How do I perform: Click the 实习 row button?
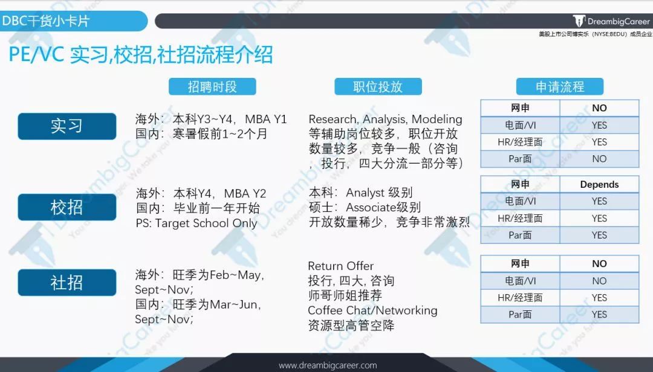67,126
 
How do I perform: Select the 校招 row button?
67,207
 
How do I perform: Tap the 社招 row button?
67,283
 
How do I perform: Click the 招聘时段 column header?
212,86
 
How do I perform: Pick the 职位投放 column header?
378,86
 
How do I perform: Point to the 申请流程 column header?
560,86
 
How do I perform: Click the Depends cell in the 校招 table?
599,184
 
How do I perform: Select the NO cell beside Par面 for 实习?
599,159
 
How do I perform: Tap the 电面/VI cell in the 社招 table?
520,281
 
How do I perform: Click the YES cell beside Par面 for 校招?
599,236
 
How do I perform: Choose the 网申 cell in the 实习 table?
520,108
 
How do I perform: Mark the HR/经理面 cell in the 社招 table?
520,298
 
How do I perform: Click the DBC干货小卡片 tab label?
46,21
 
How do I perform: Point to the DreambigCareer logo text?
619,21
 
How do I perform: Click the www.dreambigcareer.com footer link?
328,365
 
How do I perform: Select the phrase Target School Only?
206,223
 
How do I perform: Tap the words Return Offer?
340,266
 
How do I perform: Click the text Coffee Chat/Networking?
372,310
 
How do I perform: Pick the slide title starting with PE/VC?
141,55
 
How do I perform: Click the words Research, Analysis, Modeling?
385,120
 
